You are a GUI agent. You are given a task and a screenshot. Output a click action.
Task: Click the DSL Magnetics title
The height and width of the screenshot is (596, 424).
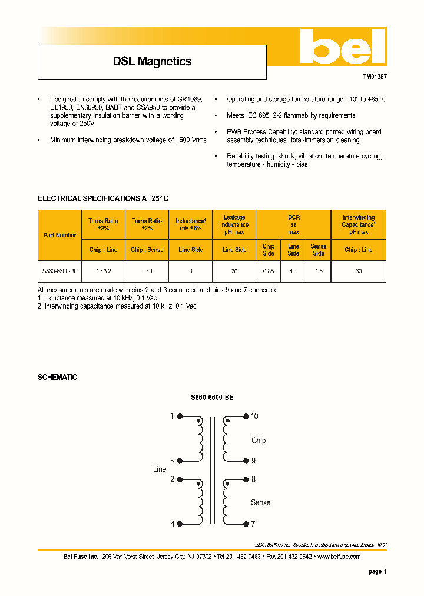click(152, 61)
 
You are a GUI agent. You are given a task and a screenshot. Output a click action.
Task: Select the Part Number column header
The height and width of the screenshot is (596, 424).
click(59, 235)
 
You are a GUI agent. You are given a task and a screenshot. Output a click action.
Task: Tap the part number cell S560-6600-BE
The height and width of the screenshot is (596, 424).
click(59, 271)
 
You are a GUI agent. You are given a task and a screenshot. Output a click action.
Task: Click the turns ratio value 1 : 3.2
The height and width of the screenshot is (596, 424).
click(103, 271)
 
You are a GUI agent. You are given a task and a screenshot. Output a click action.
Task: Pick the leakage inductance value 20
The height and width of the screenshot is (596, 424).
click(234, 271)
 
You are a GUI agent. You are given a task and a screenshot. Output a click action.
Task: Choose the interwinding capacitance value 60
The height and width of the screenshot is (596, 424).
click(358, 271)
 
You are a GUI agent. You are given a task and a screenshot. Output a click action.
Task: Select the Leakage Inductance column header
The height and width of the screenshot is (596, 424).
click(234, 224)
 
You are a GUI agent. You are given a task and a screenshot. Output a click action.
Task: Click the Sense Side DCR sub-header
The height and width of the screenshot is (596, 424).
click(318, 250)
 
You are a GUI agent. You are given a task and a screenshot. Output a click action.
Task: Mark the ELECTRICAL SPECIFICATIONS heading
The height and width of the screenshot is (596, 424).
click(103, 199)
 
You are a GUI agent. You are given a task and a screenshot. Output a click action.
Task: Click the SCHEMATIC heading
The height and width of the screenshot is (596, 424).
click(57, 377)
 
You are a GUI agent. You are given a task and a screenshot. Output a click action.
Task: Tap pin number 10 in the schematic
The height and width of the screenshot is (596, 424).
click(254, 416)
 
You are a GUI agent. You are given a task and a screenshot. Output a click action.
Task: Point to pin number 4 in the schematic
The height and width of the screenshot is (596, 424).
click(173, 524)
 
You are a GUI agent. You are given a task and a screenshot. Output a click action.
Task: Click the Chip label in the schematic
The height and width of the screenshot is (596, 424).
click(259, 441)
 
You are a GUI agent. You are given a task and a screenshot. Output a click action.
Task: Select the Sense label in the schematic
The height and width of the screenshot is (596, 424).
click(260, 502)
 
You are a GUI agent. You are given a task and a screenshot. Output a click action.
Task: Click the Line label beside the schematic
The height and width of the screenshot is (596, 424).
click(160, 469)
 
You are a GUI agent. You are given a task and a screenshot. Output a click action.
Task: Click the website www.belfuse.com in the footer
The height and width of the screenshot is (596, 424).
click(339, 557)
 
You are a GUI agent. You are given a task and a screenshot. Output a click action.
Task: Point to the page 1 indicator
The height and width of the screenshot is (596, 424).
click(377, 571)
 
